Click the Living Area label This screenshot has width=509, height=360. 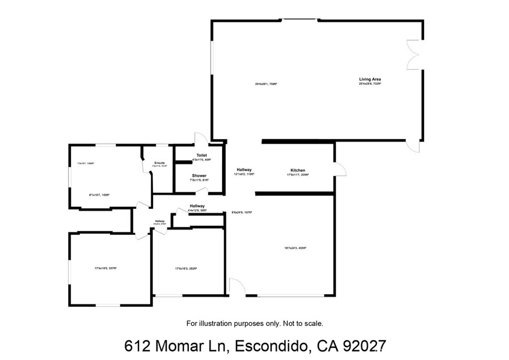pyautogui.click(x=370, y=79)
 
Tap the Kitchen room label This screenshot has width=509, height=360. pyautogui.click(x=298, y=171)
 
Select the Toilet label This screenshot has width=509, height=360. pyautogui.click(x=201, y=155)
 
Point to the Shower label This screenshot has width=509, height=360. pyautogui.click(x=199, y=176)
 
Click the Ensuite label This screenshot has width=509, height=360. pyautogui.click(x=160, y=163)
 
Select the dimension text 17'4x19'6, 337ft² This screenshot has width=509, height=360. pyautogui.click(x=105, y=269)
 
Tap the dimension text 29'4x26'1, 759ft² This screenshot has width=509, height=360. pyautogui.click(x=266, y=84)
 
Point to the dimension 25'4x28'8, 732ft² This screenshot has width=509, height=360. pyautogui.click(x=370, y=84)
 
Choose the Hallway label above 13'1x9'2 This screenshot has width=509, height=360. pyautogui.click(x=244, y=170)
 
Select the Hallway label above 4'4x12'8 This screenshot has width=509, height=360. pyautogui.click(x=197, y=206)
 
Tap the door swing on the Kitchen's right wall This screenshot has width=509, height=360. pyautogui.click(x=340, y=170)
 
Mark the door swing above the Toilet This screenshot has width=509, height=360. pyautogui.click(x=201, y=139)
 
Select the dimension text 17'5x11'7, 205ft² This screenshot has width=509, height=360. pyautogui.click(x=298, y=175)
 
